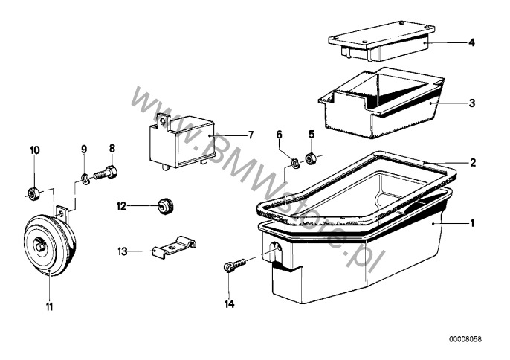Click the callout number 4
tap(471, 42)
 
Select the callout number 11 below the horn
tap(49, 307)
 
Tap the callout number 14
tap(229, 304)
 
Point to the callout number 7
tap(251, 135)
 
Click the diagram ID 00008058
tap(465, 339)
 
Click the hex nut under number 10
tap(32, 194)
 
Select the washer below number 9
tap(85, 179)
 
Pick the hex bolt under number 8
tap(106, 173)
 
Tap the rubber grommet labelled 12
tap(166, 206)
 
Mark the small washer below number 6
tap(295, 162)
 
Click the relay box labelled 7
tap(181, 142)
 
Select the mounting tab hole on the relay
tap(162, 120)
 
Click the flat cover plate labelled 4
tap(381, 41)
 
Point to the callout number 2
tap(473, 162)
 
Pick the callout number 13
tap(123, 251)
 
